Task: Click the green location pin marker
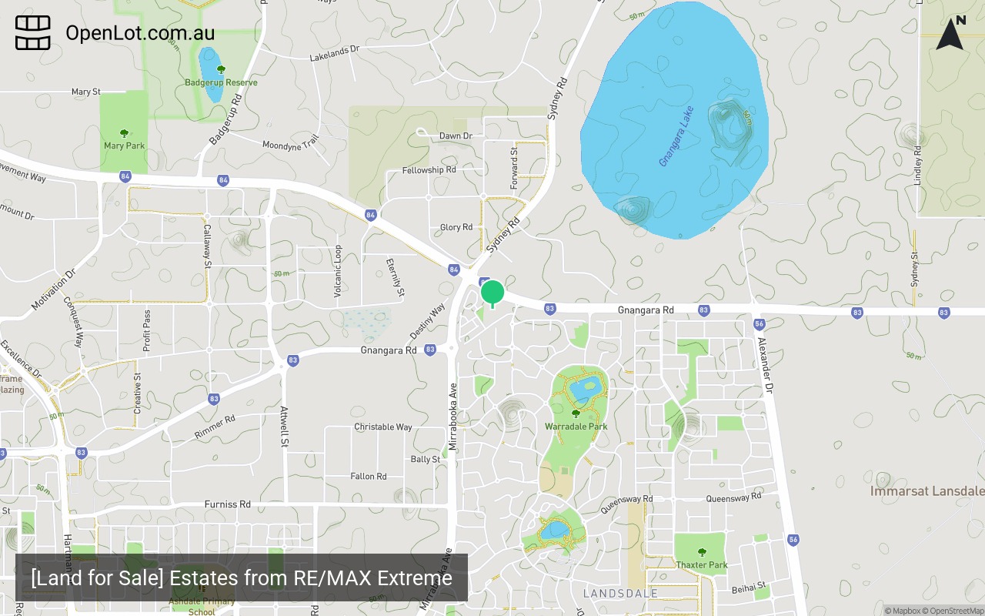pos(492,293)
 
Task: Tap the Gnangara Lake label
pos(676,136)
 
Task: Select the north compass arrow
pos(950,34)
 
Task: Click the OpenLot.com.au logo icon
pos(33,33)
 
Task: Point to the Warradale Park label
pos(576,427)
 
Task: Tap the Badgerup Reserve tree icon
pos(221,70)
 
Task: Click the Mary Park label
pos(124,146)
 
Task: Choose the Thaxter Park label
pos(702,565)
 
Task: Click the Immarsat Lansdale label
pos(927,491)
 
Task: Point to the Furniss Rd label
pos(227,504)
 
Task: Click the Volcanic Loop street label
pos(338,272)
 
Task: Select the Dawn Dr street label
pos(456,136)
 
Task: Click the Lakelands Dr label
pos(335,53)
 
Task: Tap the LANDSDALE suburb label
pos(620,594)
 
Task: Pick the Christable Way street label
pos(382,427)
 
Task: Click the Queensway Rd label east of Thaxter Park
pos(733,497)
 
